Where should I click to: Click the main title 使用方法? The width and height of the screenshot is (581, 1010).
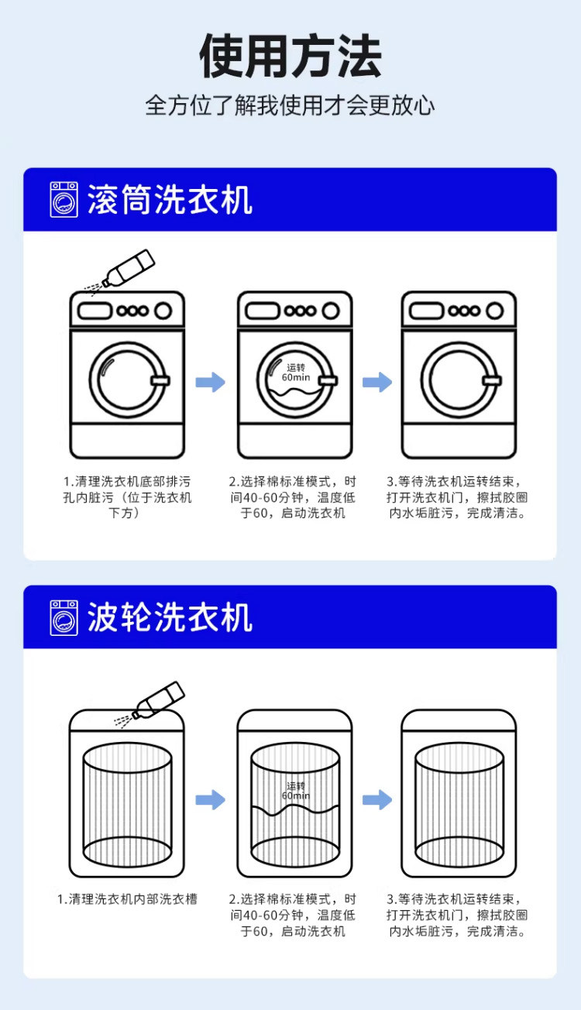point(290,56)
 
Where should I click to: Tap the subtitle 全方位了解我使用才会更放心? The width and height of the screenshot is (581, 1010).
point(290,105)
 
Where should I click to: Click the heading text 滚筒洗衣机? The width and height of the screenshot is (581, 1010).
point(170,200)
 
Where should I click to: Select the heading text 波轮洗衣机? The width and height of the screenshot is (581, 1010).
point(170,617)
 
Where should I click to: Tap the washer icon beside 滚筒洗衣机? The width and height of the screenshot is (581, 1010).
point(64,200)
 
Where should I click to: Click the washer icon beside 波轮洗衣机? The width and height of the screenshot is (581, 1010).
point(64,617)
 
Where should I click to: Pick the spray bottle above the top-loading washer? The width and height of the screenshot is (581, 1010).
point(155,700)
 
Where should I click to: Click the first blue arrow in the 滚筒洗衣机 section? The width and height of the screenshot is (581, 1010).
point(210,382)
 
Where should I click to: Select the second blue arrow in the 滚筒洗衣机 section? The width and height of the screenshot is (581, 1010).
point(377,382)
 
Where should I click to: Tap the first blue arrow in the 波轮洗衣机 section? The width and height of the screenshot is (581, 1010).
point(210,799)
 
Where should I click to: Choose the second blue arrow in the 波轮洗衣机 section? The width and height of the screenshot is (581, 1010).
point(377,799)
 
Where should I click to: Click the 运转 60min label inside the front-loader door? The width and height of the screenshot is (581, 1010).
point(295,373)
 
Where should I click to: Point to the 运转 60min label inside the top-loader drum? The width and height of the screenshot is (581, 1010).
point(295,791)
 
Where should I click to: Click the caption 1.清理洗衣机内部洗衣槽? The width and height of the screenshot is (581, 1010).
point(127,899)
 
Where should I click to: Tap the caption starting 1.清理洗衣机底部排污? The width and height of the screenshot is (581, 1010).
point(127,497)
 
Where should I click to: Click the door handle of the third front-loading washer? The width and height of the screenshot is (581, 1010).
point(490,380)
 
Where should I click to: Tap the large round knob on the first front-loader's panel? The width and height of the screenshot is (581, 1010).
point(163,311)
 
